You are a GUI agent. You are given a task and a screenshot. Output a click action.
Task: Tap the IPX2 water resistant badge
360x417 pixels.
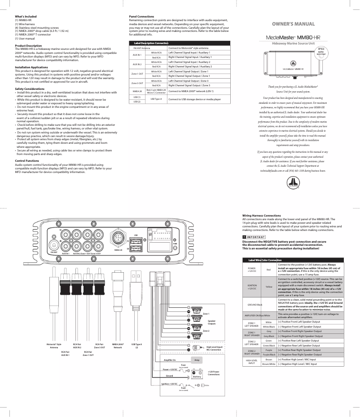point(321,52)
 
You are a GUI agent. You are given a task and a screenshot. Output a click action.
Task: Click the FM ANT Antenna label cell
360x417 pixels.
point(142,48)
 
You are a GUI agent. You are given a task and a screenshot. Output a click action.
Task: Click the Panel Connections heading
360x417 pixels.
point(141,17)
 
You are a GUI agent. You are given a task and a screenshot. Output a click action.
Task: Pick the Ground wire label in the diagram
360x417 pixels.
point(169,375)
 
